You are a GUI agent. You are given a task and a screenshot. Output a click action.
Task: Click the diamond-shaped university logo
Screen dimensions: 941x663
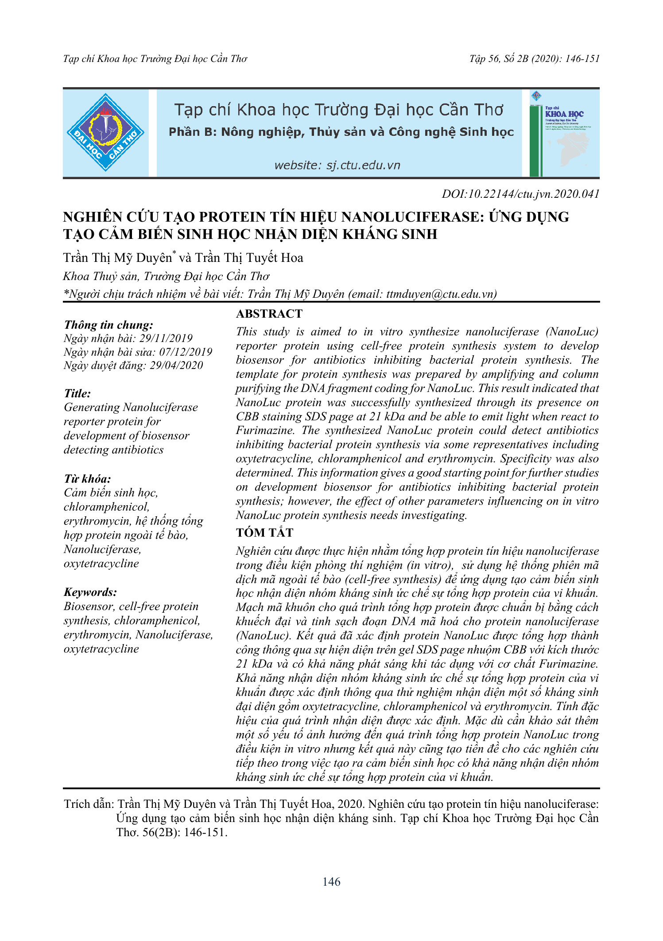[105, 132]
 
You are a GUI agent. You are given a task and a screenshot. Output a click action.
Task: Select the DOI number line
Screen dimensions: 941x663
[520, 194]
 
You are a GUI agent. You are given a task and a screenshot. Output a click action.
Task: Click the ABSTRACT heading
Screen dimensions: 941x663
[269, 314]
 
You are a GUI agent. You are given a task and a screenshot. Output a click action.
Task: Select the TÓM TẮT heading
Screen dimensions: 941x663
[264, 533]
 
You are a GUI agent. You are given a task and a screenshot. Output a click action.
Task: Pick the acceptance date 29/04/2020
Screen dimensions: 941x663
[176, 365]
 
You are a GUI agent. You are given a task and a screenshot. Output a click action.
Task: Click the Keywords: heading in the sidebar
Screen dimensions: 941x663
[90, 592]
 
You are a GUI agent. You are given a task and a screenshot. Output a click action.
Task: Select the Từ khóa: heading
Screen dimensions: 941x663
[87, 479]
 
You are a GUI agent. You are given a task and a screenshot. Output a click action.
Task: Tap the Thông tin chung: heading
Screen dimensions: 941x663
[109, 325]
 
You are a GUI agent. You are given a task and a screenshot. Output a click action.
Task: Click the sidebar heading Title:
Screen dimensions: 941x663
[78, 394]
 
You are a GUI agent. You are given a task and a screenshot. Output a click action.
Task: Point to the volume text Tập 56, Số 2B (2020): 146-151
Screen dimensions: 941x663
[534, 59]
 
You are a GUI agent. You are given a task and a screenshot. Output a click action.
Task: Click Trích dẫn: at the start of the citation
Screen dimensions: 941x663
[89, 804]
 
